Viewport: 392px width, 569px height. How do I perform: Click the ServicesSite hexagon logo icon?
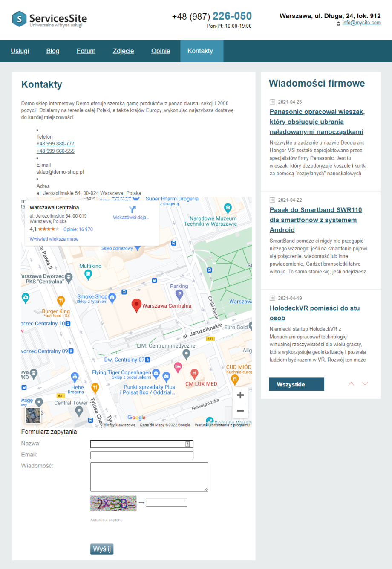point(20,19)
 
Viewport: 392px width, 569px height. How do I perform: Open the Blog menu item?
point(53,51)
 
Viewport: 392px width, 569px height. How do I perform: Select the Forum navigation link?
point(86,51)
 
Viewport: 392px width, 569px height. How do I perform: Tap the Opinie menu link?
point(161,51)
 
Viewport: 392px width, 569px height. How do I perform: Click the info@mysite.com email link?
point(361,23)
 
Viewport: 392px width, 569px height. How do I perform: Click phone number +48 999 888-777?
point(55,144)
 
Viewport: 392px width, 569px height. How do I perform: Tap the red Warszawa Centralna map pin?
point(136,305)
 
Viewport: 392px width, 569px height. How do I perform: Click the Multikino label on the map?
point(90,266)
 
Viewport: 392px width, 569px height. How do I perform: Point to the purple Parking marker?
point(179,294)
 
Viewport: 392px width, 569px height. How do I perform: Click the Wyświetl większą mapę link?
point(54,239)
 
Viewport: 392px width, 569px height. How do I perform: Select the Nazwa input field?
point(141,444)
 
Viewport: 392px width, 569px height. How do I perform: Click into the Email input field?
point(141,455)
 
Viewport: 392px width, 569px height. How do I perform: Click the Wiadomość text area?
point(149,477)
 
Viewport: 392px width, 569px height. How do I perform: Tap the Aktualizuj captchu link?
point(106,520)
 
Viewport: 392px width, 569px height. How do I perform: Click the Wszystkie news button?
point(296,384)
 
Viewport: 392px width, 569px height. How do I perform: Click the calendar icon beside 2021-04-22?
point(272,200)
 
